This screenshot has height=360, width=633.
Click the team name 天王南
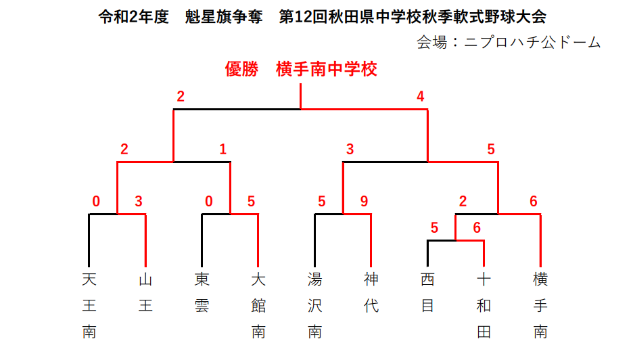pyautogui.click(x=89, y=305)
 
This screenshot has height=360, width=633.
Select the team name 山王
pyautogui.click(x=145, y=292)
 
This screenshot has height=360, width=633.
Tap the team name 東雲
pyautogui.click(x=202, y=292)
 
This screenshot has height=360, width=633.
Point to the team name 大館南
pyautogui.click(x=258, y=305)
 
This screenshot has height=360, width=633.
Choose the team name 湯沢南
pyautogui.click(x=315, y=305)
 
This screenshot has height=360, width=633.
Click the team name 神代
pyautogui.click(x=371, y=292)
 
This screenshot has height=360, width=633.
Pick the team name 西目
pyautogui.click(x=427, y=292)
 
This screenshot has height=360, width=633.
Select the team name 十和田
pyautogui.click(x=484, y=305)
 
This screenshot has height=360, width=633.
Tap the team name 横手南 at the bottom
pyautogui.click(x=540, y=305)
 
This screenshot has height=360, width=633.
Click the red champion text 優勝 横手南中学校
pyautogui.click(x=301, y=69)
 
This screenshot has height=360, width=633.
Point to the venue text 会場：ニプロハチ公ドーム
pyautogui.click(x=509, y=42)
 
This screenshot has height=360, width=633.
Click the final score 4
pyautogui.click(x=421, y=96)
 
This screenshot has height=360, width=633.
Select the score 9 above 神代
pyautogui.click(x=364, y=201)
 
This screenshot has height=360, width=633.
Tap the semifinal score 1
pyautogui.click(x=223, y=149)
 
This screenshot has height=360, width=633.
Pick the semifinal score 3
pyautogui.click(x=350, y=149)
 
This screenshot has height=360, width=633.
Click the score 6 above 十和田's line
pyautogui.click(x=477, y=227)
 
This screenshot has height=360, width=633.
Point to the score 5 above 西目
pyautogui.click(x=434, y=227)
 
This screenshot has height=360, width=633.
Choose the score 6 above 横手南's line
pyautogui.click(x=534, y=201)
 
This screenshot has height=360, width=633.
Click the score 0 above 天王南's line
pyautogui.click(x=96, y=201)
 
